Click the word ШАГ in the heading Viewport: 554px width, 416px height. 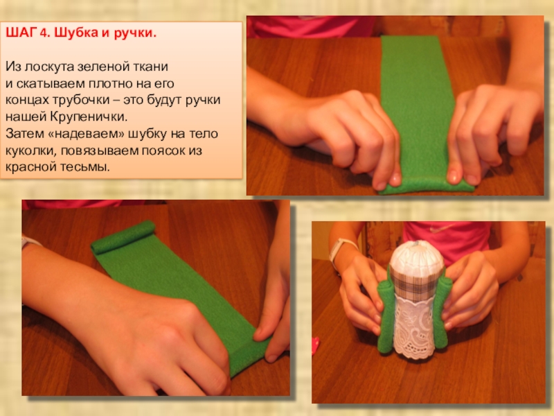(21, 33)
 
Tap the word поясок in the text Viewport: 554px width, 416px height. (165, 150)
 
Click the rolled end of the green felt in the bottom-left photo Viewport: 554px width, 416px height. (123, 236)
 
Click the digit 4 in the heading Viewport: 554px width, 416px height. (43, 33)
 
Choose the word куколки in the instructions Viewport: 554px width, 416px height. (31, 151)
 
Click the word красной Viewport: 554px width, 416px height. (30, 166)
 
